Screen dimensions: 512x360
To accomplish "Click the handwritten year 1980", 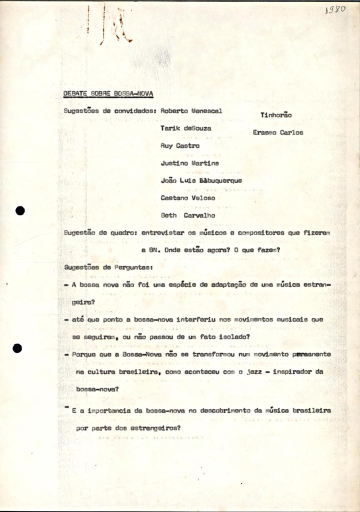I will (x=335, y=10).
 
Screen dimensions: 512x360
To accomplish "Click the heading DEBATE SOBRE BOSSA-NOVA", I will (x=108, y=93).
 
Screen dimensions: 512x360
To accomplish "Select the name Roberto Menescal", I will (x=191, y=111).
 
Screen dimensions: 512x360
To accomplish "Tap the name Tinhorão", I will (x=276, y=115).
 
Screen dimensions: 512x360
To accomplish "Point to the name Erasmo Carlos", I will (x=277, y=132).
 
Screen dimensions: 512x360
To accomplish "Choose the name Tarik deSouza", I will (x=185, y=128).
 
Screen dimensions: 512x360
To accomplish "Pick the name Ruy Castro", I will (x=179, y=145).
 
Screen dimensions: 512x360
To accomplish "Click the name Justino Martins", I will (x=189, y=163).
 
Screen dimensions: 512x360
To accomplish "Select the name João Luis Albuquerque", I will (x=201, y=180).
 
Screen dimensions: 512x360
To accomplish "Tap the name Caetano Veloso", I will (x=188, y=198).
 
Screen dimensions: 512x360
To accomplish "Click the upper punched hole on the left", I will (x=19, y=210).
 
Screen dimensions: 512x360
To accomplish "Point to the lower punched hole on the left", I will (x=18, y=348).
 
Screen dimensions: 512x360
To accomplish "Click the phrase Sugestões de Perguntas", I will (x=108, y=267).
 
